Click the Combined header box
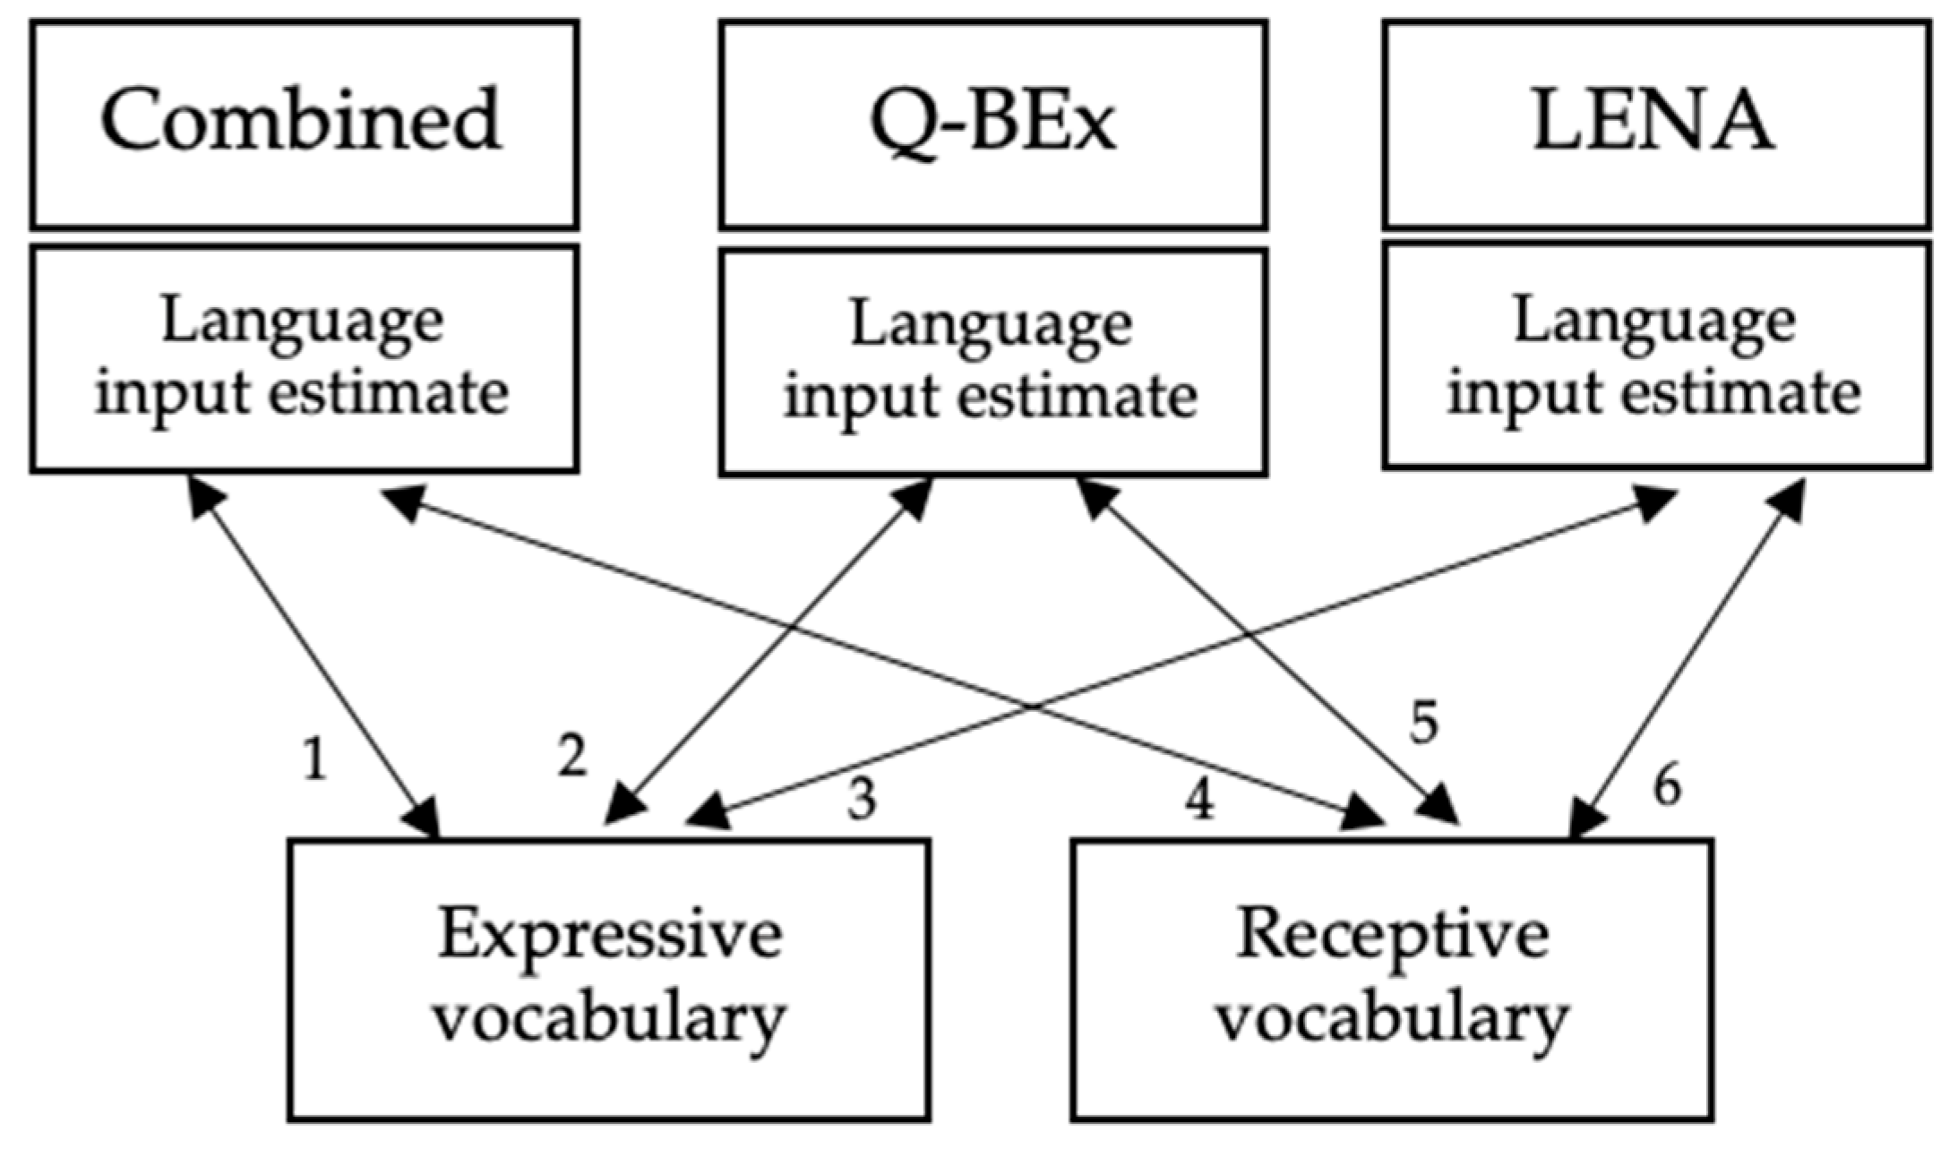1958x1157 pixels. coord(305,124)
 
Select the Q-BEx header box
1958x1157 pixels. coord(992,124)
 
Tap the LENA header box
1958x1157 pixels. coord(1655,124)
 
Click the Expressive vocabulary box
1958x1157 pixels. coord(609,979)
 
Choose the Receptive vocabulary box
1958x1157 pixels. coord(1392,979)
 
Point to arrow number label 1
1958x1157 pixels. coord(313,760)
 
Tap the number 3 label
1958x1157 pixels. coord(862,799)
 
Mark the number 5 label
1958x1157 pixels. coord(1424,722)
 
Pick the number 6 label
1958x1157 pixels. coord(1666,786)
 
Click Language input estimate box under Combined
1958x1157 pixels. coord(305,358)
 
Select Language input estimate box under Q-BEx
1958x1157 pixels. coord(992,362)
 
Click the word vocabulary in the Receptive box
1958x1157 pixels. coord(1392,1019)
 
